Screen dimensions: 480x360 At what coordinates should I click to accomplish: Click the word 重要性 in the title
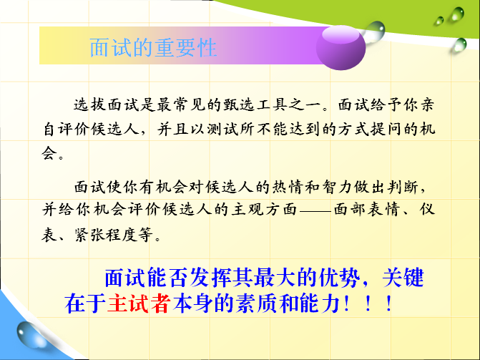185,48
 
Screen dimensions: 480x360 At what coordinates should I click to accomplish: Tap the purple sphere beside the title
341,47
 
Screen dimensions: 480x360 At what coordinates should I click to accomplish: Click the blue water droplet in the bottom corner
30,334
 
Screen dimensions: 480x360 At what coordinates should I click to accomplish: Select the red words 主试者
139,303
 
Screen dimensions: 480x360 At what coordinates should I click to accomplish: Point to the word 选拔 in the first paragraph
89,105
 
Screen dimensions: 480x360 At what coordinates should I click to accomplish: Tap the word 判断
403,187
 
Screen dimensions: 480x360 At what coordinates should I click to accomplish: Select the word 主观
248,210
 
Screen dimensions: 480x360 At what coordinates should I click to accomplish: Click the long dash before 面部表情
315,211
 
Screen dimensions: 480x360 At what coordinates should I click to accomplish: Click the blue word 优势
339,278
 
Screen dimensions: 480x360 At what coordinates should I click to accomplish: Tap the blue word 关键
403,278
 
